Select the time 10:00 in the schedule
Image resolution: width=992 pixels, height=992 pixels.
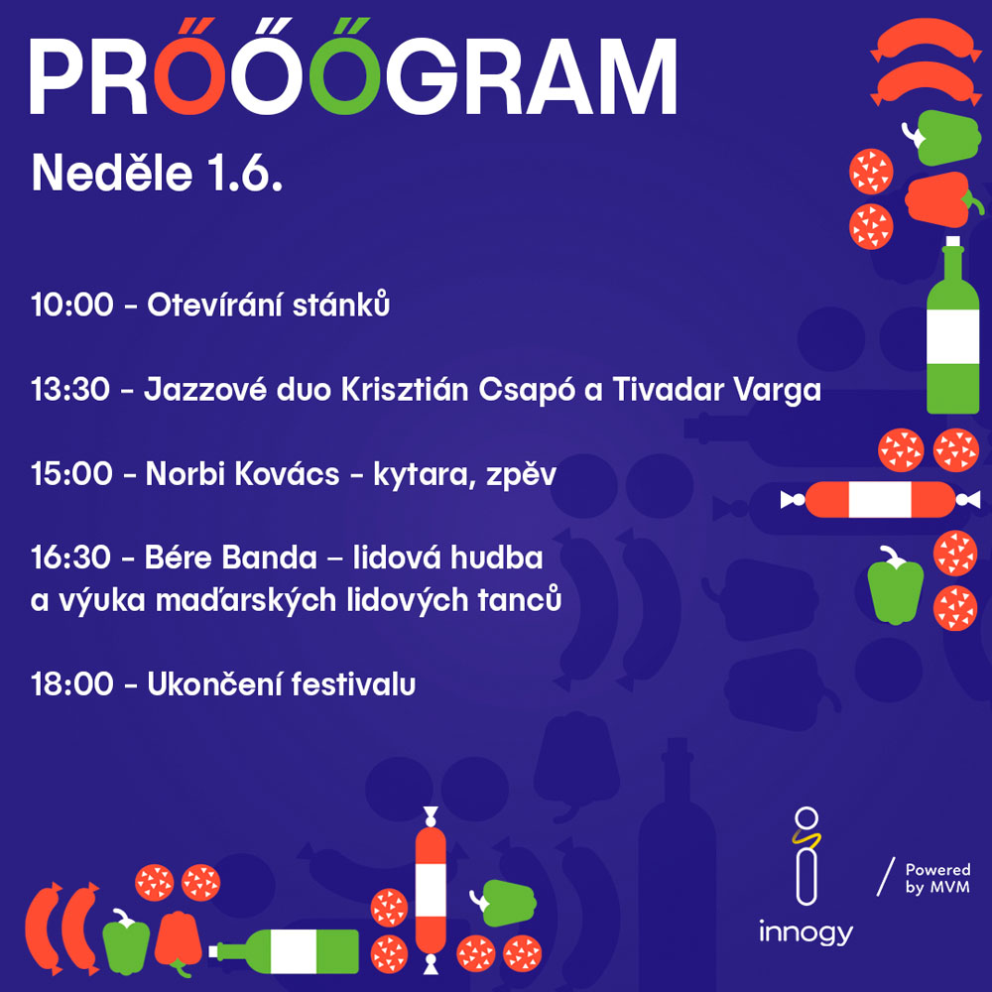coord(72,305)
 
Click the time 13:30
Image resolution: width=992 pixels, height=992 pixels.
coord(70,390)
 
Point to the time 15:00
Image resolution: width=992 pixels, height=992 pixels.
coord(71,474)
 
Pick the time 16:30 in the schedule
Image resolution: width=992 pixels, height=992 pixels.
coord(70,558)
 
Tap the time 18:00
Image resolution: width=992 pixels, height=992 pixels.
coord(72,684)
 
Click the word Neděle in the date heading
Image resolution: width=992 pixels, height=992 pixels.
coord(112,174)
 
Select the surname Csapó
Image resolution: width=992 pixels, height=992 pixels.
coord(527,390)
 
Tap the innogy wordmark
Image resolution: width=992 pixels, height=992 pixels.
coord(806,932)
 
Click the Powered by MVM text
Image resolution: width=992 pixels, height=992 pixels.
coord(937,878)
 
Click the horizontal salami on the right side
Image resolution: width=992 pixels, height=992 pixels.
coord(880,500)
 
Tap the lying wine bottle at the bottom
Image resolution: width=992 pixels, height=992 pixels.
coord(284,951)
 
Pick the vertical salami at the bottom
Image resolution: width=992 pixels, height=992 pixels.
coord(431,890)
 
